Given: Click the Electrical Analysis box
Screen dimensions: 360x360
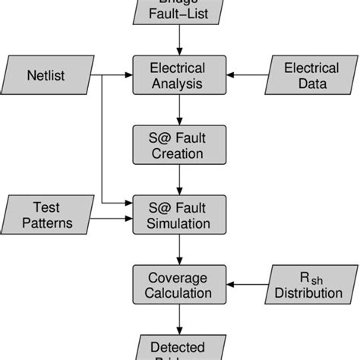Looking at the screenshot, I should click(x=179, y=75).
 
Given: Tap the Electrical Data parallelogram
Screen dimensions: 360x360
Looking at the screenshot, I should click(x=311, y=75).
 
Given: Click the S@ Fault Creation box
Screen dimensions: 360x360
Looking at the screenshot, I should click(x=179, y=145).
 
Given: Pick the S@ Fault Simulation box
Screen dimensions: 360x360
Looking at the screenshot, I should click(x=179, y=213).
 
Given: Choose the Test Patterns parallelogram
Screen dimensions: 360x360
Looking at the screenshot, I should click(x=47, y=213).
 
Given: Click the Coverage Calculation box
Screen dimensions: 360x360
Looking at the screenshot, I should click(x=179, y=284).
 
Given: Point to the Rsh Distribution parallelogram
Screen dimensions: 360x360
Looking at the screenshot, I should click(x=311, y=284).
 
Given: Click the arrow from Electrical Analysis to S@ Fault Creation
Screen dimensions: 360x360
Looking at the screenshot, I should click(x=179, y=110).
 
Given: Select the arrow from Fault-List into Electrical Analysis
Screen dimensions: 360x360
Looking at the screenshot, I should click(x=179, y=39).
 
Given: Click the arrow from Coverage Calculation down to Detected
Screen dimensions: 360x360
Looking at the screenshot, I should click(x=179, y=318).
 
